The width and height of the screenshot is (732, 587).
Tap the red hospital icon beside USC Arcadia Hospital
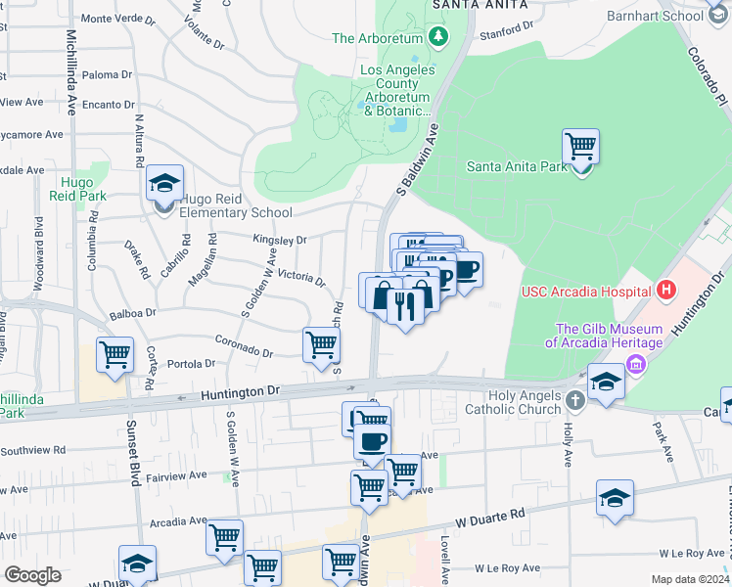click(x=667, y=290)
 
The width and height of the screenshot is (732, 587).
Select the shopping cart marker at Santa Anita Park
click(x=581, y=149)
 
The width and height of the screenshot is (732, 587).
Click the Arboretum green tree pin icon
click(x=439, y=37)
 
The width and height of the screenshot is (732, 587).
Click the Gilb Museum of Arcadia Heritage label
click(x=609, y=336)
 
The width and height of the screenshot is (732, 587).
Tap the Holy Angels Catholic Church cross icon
click(x=575, y=399)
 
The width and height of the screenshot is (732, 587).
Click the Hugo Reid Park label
click(x=76, y=189)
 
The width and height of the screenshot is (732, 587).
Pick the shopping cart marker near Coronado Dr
click(x=322, y=344)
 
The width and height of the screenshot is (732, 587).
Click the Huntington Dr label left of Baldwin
click(x=240, y=391)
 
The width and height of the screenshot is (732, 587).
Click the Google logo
click(x=32, y=575)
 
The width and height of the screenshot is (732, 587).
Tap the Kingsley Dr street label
click(x=280, y=239)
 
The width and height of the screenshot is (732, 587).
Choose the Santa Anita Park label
click(x=517, y=166)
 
